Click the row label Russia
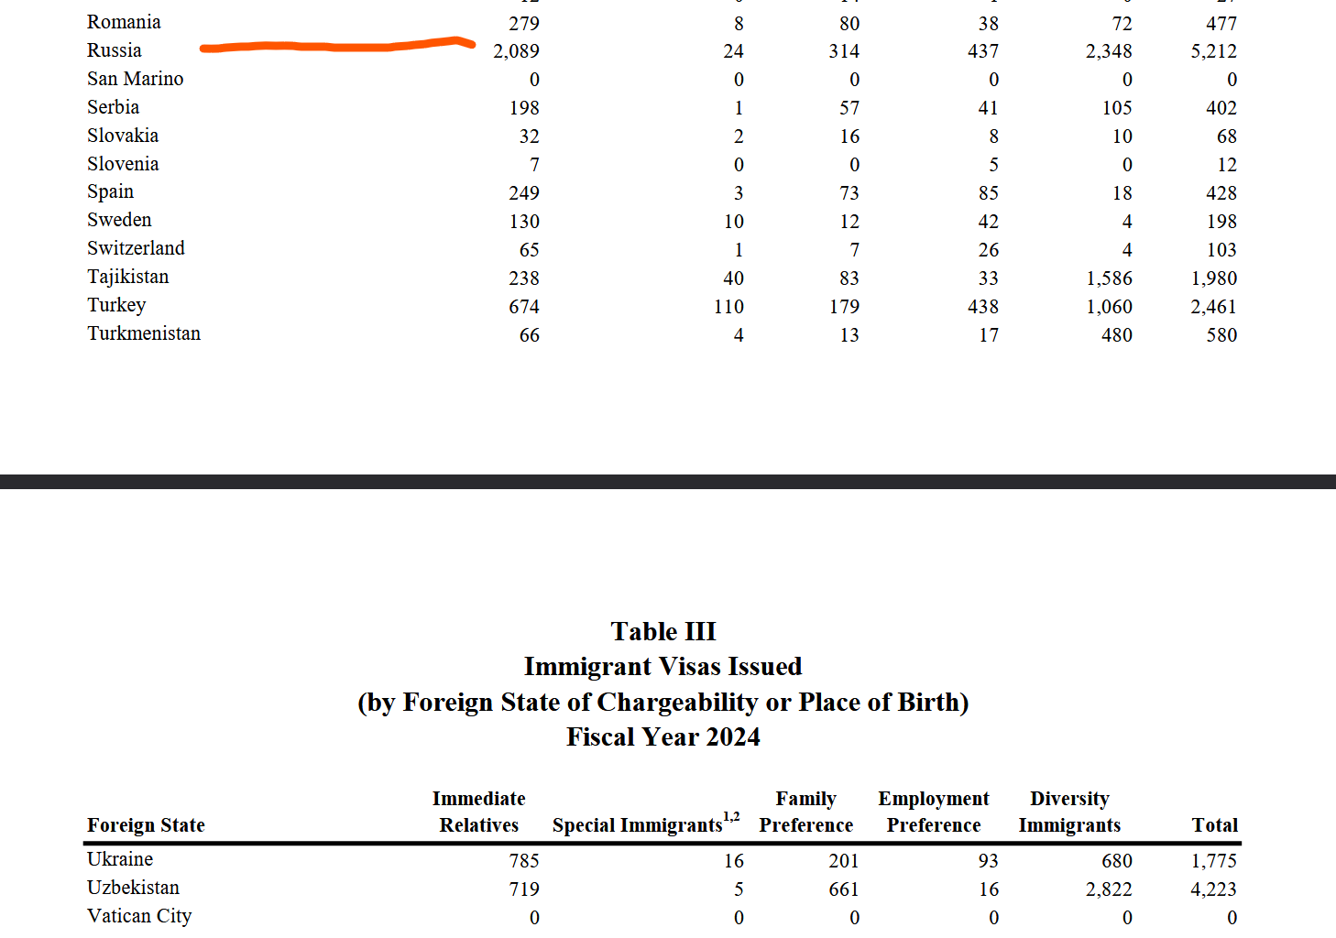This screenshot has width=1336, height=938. [115, 50]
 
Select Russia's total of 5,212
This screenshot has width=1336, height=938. [1213, 51]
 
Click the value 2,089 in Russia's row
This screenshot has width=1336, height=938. [516, 51]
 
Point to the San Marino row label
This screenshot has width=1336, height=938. [135, 79]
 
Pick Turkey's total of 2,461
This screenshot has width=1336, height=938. [1213, 307]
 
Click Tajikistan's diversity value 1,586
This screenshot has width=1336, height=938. [1109, 278]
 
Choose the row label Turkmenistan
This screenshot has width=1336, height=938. [144, 333]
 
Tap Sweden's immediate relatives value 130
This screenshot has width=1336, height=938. [524, 222]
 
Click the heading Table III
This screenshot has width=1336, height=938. [663, 632]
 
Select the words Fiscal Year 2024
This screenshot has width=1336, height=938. [663, 737]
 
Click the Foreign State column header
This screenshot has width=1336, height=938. [146, 825]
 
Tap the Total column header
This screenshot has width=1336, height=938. [1214, 825]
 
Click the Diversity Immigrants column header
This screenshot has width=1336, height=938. [1069, 812]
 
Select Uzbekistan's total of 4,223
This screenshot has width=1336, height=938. [1213, 889]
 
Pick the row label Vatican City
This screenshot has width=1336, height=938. [139, 916]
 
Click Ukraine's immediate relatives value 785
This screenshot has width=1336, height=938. [524, 861]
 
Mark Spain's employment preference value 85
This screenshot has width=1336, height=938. [988, 193]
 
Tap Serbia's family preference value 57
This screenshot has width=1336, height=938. [849, 108]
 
